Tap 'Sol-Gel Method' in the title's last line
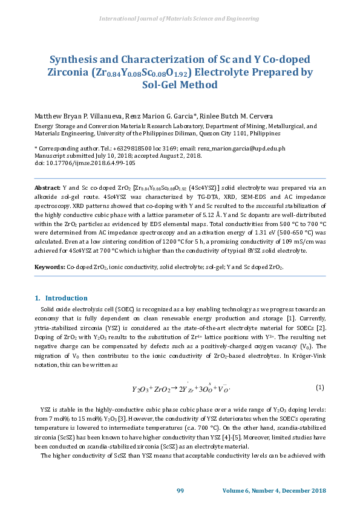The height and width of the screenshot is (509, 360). (x=180, y=85)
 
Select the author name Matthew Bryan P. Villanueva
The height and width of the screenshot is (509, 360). (x=68, y=116)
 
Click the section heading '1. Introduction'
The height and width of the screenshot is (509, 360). (x=61, y=298)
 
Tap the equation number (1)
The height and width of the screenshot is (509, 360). (x=320, y=387)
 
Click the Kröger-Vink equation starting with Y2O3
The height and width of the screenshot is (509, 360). (x=182, y=387)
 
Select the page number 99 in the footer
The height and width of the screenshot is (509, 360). (x=180, y=490)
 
